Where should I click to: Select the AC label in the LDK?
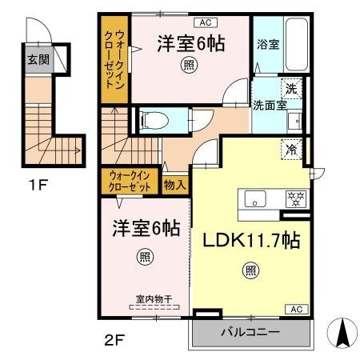(294, 309)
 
